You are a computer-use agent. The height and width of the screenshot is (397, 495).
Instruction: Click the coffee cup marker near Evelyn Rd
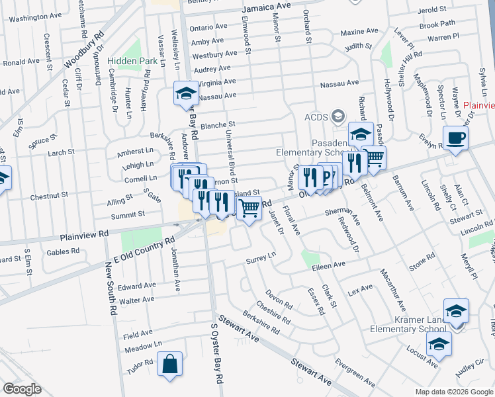tap(455, 138)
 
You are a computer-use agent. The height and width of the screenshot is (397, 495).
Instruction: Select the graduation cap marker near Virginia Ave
tap(185, 93)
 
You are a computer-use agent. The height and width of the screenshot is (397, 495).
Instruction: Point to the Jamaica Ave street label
tap(267, 7)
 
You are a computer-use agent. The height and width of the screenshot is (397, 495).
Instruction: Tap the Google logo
tap(22, 389)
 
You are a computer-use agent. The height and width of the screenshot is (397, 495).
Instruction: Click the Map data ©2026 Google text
tap(454, 392)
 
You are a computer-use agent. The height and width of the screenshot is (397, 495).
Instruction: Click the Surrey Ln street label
tap(261, 257)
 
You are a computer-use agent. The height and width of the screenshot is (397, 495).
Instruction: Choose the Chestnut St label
tap(50, 196)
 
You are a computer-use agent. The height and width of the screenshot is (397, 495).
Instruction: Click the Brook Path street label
tap(437, 24)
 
